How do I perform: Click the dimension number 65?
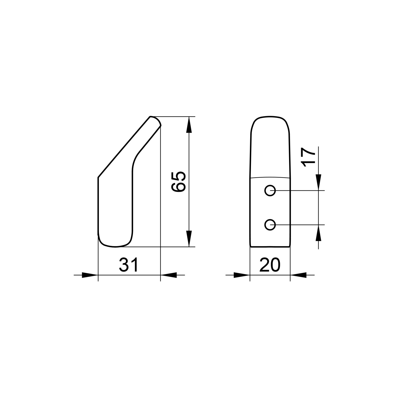tap(179, 182)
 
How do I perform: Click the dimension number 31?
tap(129, 265)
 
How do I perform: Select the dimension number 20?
tap(270, 265)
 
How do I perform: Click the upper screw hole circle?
tap(270, 191)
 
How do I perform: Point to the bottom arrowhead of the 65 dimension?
tap(189, 239)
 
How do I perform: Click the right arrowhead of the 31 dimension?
tap(169, 275)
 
